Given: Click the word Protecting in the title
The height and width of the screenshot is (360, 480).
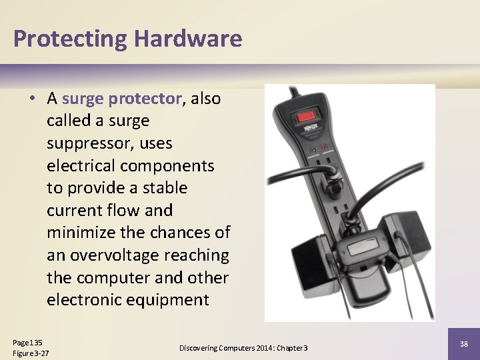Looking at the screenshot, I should tap(70, 39).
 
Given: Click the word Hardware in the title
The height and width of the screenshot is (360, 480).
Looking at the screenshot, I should tap(187, 39).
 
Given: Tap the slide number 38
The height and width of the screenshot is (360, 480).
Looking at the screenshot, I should tap(463, 343).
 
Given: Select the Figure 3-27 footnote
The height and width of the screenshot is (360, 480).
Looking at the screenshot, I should tap(31, 353).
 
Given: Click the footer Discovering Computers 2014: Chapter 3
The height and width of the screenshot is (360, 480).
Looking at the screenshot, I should tap(243, 348).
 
